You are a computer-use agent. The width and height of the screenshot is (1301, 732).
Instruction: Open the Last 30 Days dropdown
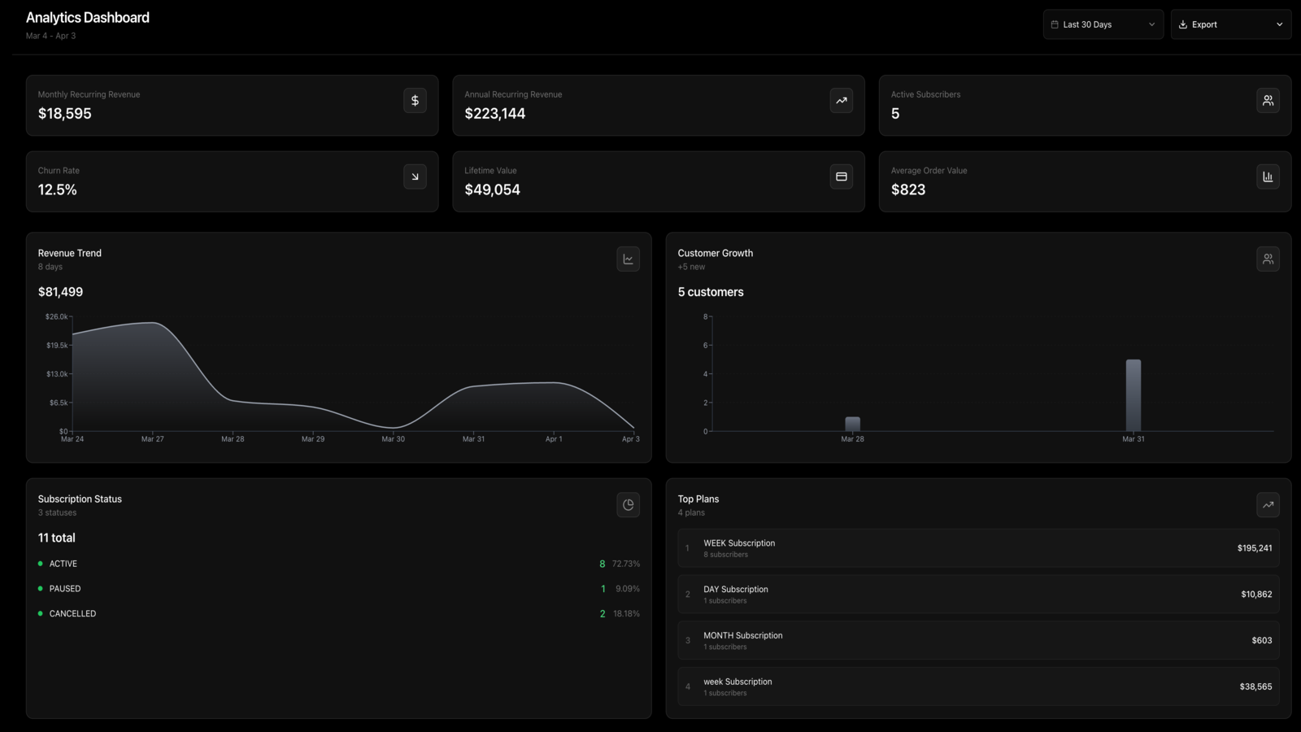click(1103, 24)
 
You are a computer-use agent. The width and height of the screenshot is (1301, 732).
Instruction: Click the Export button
click(1231, 24)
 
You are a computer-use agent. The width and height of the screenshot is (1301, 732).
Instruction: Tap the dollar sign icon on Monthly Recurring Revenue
click(415, 101)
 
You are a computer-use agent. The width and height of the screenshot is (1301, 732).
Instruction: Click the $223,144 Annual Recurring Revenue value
click(495, 113)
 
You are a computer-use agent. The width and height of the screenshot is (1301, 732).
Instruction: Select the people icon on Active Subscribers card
click(1268, 101)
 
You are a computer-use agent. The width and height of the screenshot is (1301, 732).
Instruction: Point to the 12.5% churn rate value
click(58, 190)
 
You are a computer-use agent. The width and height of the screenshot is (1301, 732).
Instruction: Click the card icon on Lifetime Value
click(841, 176)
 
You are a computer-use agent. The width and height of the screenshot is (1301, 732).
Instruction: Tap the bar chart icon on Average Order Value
click(1268, 176)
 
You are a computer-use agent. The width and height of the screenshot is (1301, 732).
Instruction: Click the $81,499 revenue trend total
click(60, 292)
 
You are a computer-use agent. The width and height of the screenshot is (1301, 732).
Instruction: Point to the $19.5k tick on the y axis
click(57, 345)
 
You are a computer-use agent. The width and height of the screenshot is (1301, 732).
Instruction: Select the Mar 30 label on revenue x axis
click(394, 438)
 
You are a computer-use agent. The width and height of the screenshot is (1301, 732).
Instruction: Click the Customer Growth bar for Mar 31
click(1133, 395)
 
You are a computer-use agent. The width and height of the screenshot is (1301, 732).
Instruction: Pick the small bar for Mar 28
click(853, 424)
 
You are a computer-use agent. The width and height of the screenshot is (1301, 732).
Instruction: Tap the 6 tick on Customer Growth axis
click(706, 345)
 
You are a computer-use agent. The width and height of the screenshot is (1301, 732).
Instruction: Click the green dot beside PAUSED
click(40, 589)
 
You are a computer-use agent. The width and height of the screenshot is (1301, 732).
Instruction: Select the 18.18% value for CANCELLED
click(626, 613)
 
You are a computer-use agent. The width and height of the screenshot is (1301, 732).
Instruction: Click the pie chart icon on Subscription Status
click(628, 505)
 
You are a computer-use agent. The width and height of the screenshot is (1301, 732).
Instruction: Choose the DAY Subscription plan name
click(736, 589)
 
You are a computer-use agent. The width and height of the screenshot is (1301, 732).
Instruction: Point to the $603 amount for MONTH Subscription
click(1261, 640)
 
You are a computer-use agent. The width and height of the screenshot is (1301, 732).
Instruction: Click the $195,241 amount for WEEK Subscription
click(1255, 548)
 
